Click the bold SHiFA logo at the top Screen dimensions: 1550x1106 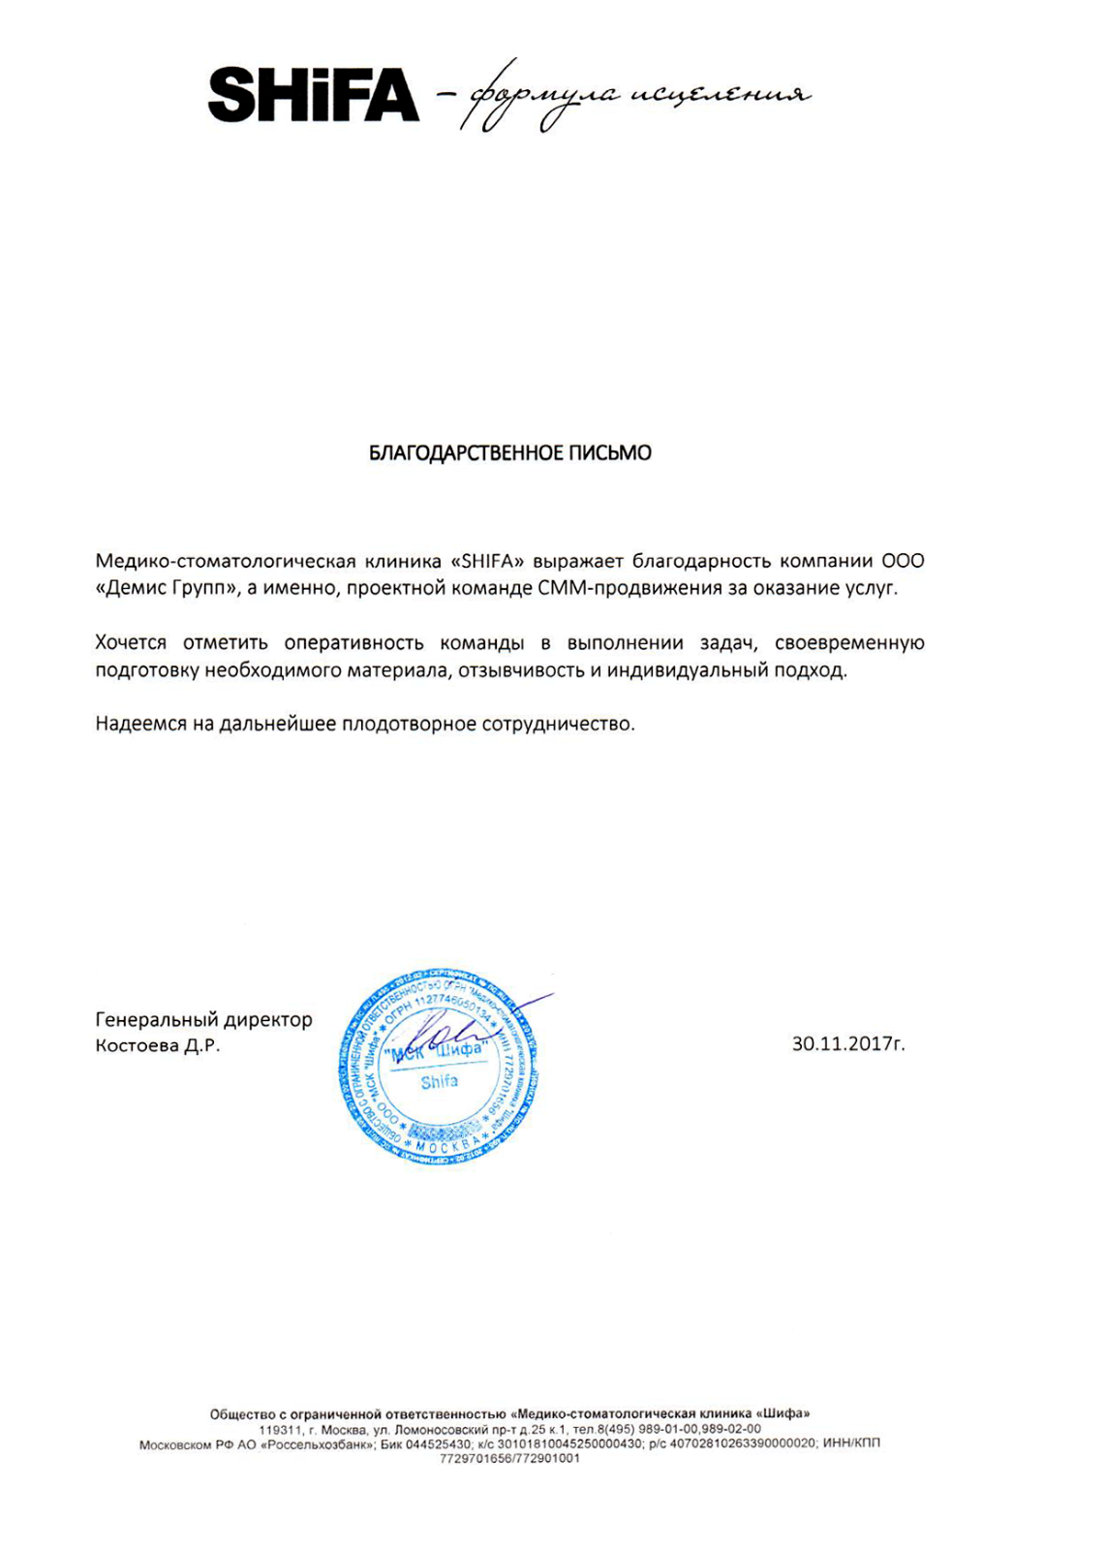tap(313, 94)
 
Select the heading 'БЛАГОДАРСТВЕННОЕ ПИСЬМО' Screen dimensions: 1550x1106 tap(509, 453)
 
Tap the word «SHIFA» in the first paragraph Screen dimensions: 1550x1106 tap(488, 561)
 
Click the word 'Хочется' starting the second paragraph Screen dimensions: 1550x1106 tap(131, 643)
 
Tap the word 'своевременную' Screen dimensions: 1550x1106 tap(849, 643)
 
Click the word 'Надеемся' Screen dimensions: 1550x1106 tap(140, 724)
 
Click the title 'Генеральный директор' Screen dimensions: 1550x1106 tap(203, 1019)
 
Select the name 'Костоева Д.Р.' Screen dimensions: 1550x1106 tap(158, 1046)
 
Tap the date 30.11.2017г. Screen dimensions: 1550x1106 tap(848, 1044)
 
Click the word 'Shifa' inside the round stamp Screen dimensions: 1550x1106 tap(439, 1081)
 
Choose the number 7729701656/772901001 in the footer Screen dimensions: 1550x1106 tap(509, 1458)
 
